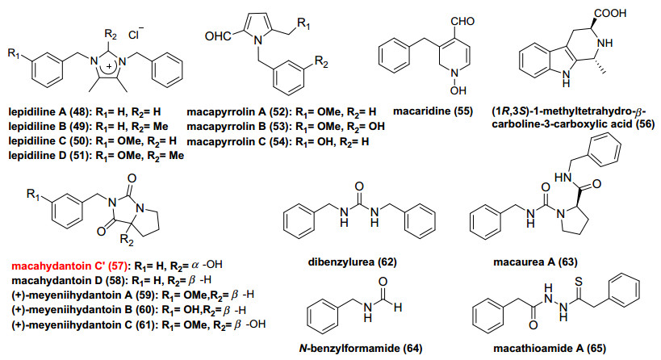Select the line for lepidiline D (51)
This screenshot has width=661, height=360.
[90, 156]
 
